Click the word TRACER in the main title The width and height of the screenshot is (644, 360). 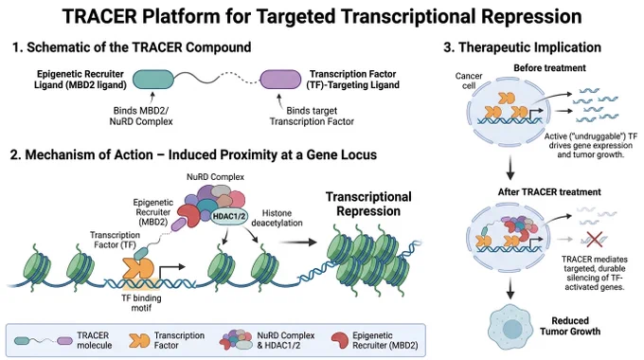[x=99, y=16]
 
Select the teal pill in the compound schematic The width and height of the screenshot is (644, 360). [x=153, y=80]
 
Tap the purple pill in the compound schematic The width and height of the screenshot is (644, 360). [x=281, y=80]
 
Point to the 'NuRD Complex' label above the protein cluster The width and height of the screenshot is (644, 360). [x=215, y=177]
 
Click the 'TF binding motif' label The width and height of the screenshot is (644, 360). [x=141, y=303]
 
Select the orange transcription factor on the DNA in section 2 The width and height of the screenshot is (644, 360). [x=138, y=268]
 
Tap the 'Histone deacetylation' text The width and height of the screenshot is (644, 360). [x=277, y=218]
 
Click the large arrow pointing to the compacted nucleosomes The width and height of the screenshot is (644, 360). [x=297, y=242]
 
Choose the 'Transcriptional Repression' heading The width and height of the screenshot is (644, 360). [x=368, y=204]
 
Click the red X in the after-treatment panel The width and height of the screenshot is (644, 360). [x=595, y=239]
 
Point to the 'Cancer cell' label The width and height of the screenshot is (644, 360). [x=469, y=81]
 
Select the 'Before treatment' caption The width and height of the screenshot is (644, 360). [x=549, y=68]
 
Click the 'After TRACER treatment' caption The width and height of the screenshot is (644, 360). [x=549, y=192]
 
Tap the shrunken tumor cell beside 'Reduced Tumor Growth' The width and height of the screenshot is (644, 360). [x=510, y=327]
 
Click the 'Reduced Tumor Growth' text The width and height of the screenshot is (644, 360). [x=570, y=326]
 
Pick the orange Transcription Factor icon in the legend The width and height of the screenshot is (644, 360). [x=139, y=340]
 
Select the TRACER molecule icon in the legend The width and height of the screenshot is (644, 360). [x=44, y=341]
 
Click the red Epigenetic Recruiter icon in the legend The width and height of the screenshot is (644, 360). [x=340, y=340]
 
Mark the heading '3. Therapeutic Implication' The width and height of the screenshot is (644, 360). [x=522, y=47]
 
